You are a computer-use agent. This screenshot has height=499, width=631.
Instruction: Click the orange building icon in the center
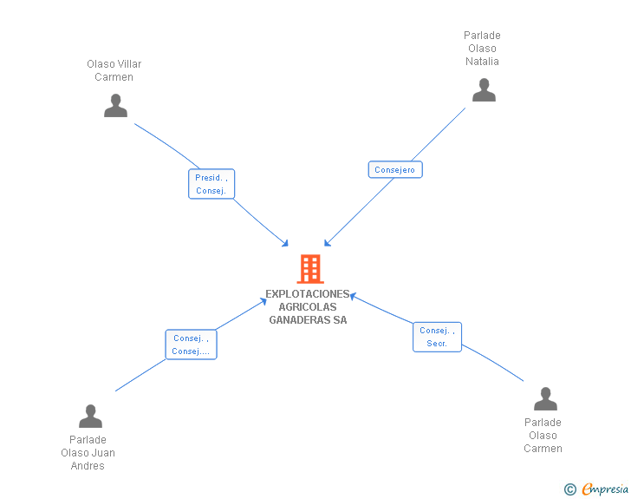click(x=309, y=269)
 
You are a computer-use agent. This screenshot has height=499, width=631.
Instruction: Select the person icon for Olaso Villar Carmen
click(x=115, y=105)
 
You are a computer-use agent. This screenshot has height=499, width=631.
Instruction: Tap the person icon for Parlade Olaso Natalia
click(x=484, y=90)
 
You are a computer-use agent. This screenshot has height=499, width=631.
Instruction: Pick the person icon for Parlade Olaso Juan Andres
click(x=90, y=417)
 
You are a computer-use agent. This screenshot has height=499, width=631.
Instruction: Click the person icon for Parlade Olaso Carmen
click(x=545, y=399)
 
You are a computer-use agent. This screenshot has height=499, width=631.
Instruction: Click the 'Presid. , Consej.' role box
click(x=211, y=184)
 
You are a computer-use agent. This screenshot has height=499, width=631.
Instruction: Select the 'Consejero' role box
click(x=395, y=170)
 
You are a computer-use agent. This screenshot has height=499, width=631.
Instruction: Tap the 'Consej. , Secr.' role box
click(x=437, y=337)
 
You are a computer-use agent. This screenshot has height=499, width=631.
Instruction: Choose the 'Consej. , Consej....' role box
click(x=191, y=345)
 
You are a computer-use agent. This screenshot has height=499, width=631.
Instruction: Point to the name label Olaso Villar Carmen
click(x=114, y=70)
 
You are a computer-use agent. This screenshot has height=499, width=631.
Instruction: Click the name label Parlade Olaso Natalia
click(x=482, y=49)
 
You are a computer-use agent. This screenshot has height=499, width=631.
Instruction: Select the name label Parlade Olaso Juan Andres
click(x=88, y=452)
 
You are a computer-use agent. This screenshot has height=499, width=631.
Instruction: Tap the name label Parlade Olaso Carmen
click(x=543, y=436)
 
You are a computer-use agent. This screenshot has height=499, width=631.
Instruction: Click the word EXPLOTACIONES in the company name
click(x=308, y=293)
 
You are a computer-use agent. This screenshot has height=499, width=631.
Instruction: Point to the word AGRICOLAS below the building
click(x=308, y=306)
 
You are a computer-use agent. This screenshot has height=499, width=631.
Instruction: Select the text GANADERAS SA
click(x=308, y=319)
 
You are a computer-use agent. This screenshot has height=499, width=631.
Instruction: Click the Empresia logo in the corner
click(x=604, y=489)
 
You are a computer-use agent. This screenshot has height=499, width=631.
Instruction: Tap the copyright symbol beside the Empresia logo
click(x=569, y=490)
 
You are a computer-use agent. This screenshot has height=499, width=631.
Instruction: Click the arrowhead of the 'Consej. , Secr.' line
click(x=353, y=296)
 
